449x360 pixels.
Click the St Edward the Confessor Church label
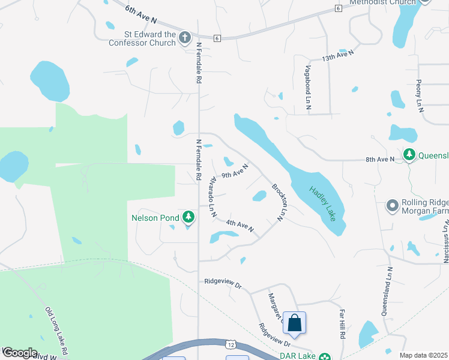tap(142, 38)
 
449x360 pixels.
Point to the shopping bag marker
tap(295, 323)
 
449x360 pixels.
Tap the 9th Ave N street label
tap(235, 172)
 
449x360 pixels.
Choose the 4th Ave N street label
tap(240, 226)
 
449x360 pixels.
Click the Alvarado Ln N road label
tap(212, 197)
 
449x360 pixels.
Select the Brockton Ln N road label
tap(277, 202)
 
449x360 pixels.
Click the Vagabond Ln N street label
tap(309, 87)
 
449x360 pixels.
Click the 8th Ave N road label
tap(380, 159)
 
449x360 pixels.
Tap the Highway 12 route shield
tap(231, 344)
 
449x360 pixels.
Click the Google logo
tap(20, 353)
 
